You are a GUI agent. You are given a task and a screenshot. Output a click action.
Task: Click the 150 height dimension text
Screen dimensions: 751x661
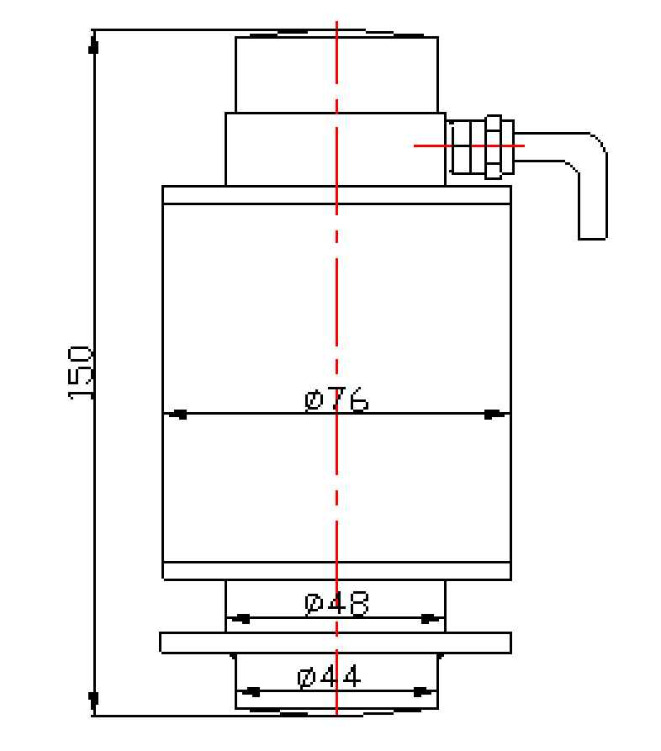(x=80, y=372)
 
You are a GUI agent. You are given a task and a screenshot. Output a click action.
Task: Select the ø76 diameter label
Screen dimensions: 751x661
(x=336, y=399)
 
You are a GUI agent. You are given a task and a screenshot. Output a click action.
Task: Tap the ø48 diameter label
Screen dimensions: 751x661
(x=336, y=604)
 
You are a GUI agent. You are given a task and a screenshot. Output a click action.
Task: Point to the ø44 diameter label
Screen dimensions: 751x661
(x=329, y=676)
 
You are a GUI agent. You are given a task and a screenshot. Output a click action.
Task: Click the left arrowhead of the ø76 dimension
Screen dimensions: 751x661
(x=177, y=414)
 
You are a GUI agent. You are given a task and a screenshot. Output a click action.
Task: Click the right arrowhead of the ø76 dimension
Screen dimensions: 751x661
(x=494, y=414)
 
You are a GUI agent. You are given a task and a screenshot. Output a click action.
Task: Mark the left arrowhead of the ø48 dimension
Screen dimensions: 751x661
(x=241, y=619)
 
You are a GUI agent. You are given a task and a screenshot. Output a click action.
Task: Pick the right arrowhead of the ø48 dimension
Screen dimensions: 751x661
(x=430, y=619)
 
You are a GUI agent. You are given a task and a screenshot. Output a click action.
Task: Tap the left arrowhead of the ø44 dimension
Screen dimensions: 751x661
(x=251, y=692)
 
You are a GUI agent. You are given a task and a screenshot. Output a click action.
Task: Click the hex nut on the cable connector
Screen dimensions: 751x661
(x=494, y=146)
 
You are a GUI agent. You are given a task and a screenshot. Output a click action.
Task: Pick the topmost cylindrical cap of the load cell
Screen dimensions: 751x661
(x=336, y=74)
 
